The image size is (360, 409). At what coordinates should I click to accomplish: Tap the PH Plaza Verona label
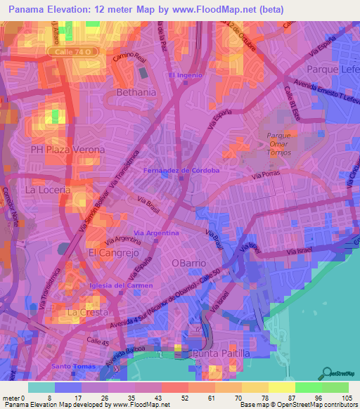click(67, 150)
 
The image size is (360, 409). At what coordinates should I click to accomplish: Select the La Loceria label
click(48, 190)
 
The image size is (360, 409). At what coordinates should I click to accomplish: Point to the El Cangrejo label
click(111, 252)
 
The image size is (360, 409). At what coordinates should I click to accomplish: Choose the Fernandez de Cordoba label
click(181, 170)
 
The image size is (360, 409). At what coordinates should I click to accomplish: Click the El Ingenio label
click(185, 74)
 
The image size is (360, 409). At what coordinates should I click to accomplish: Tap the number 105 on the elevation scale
click(345, 398)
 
